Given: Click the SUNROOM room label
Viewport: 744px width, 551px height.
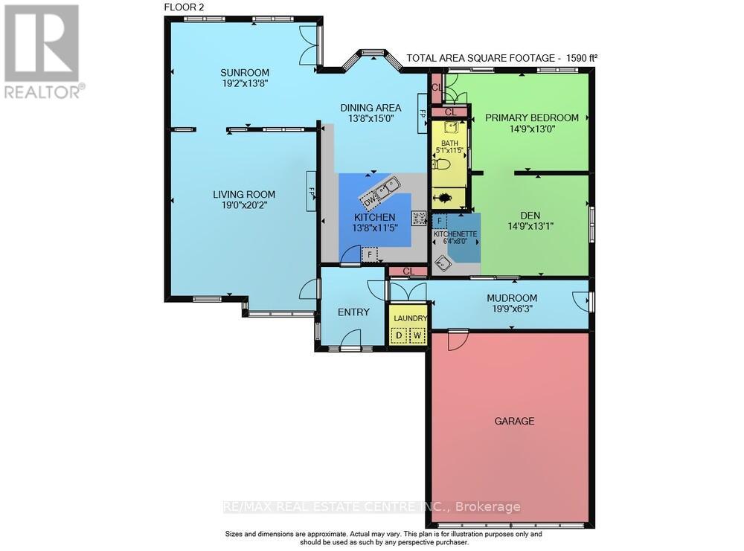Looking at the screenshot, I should click(244, 72).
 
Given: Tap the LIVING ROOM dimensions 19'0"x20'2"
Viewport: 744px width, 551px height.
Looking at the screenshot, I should click(244, 206).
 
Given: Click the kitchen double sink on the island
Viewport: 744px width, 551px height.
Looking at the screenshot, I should click(387, 188).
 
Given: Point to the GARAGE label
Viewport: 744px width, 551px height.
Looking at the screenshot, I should click(514, 421).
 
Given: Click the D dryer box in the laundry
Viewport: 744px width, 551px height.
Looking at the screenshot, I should click(399, 335).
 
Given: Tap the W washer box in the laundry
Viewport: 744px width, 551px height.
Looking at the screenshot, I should click(417, 335).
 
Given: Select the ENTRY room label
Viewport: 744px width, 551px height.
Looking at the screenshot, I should click(353, 312).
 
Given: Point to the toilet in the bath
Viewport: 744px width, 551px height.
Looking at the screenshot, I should click(443, 164).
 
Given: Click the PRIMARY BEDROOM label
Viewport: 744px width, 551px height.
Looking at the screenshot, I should click(531, 117).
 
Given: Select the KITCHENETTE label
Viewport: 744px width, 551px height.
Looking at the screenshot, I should click(455, 233).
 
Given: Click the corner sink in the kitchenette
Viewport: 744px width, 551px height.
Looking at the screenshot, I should click(446, 261).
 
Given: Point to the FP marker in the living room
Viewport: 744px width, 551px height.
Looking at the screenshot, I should click(312, 191).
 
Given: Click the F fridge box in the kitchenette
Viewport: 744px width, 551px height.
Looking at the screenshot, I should click(440, 221).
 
